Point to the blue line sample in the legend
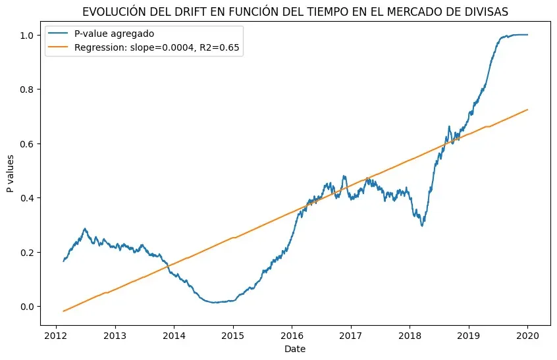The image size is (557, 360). pyautogui.click(x=59, y=35)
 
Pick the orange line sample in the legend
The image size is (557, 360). pyautogui.click(x=59, y=49)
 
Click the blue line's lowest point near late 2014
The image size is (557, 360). pyautogui.click(x=214, y=303)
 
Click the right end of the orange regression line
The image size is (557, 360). pyautogui.click(x=528, y=110)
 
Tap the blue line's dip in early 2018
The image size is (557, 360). pyautogui.click(x=422, y=226)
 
